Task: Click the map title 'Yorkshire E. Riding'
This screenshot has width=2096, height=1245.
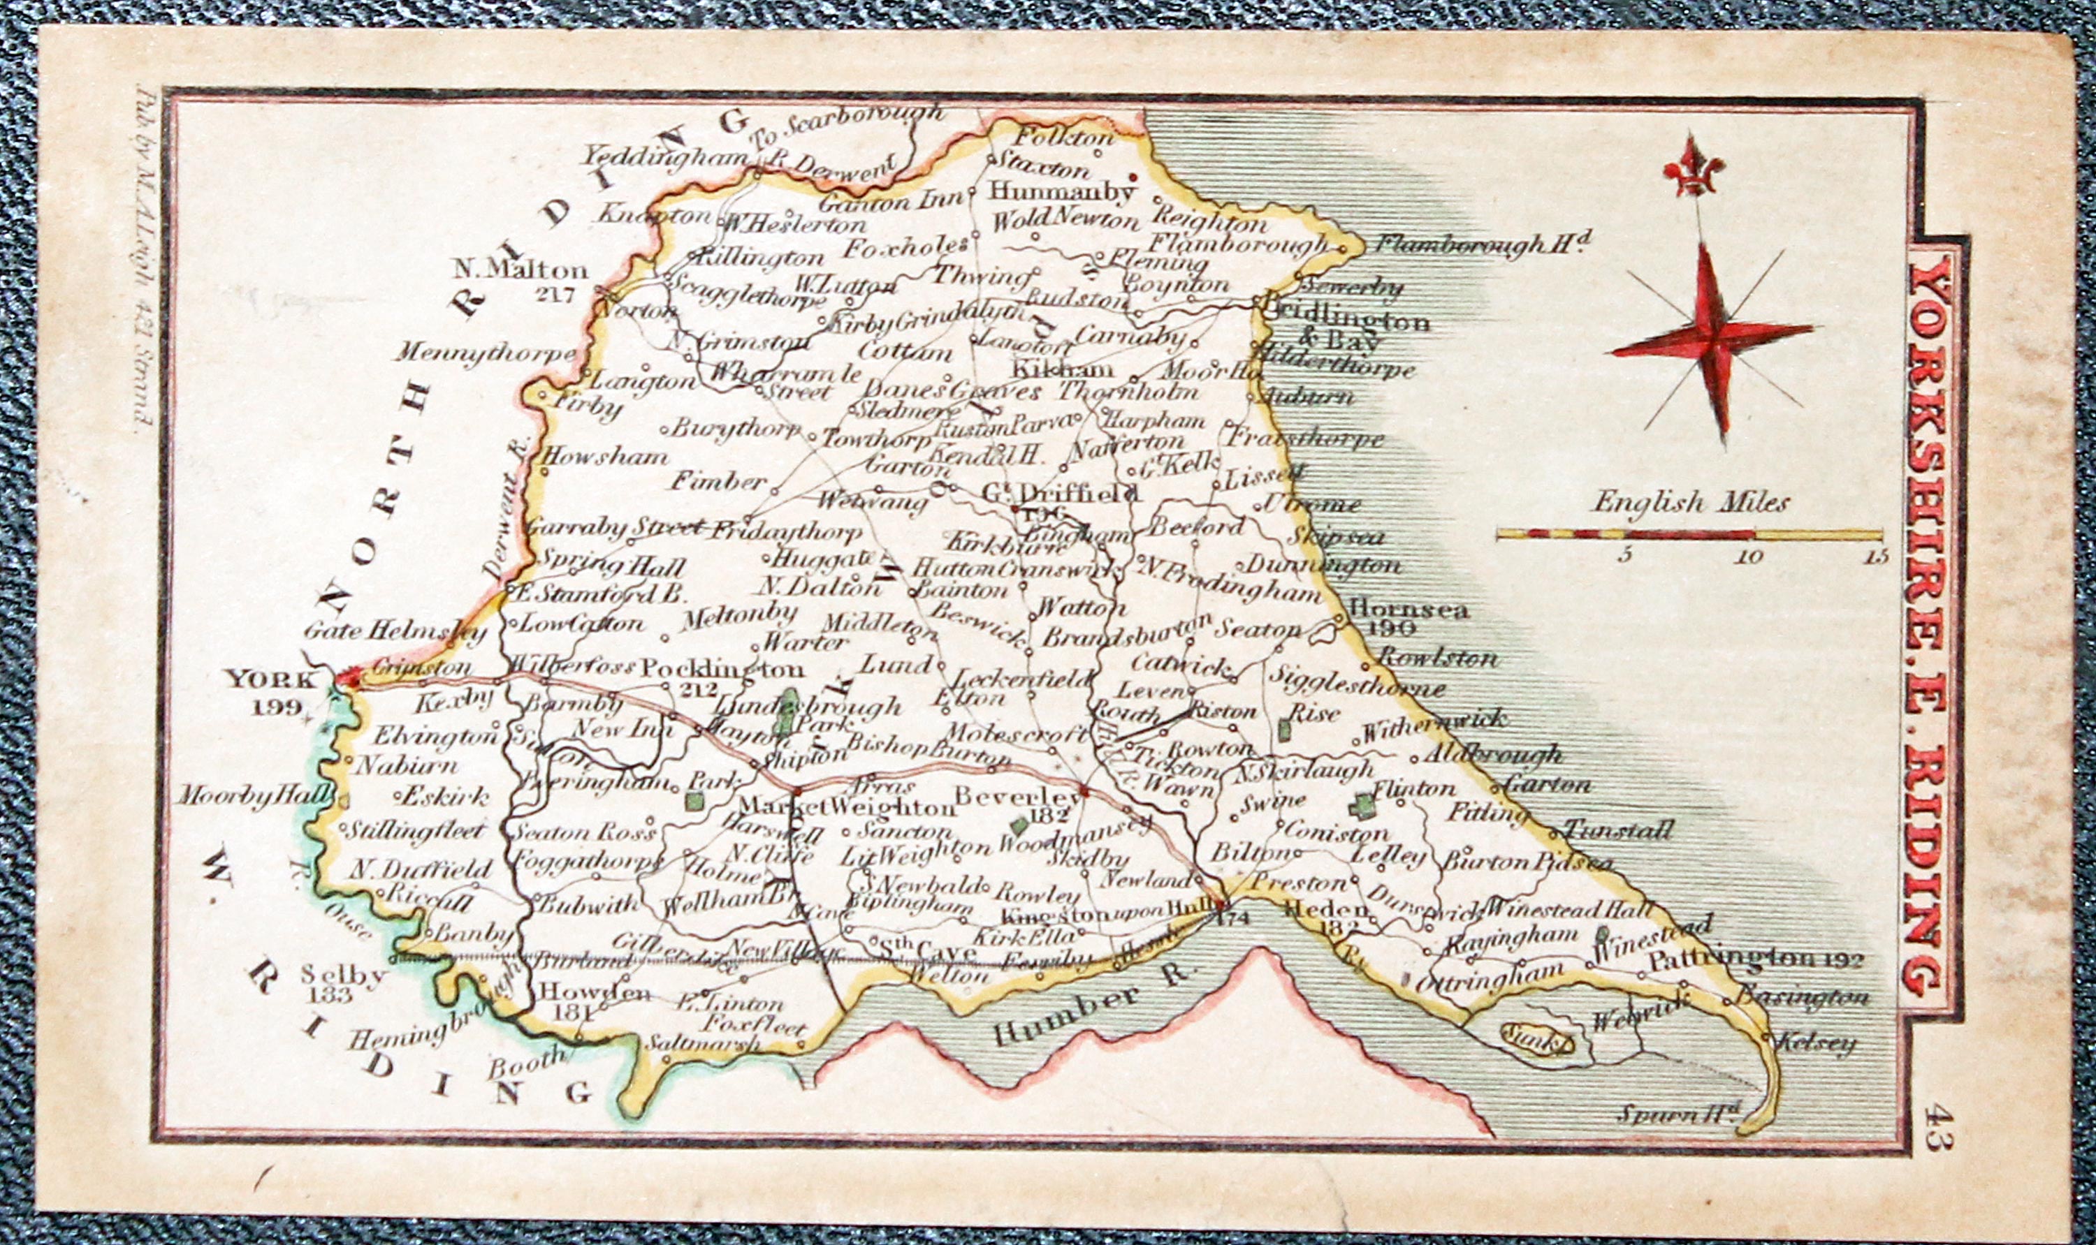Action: tap(1926, 624)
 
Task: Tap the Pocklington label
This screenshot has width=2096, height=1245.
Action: tap(722, 670)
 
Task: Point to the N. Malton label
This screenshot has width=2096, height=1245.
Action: tap(521, 270)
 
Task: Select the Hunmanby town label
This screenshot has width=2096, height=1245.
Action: tap(1060, 192)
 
